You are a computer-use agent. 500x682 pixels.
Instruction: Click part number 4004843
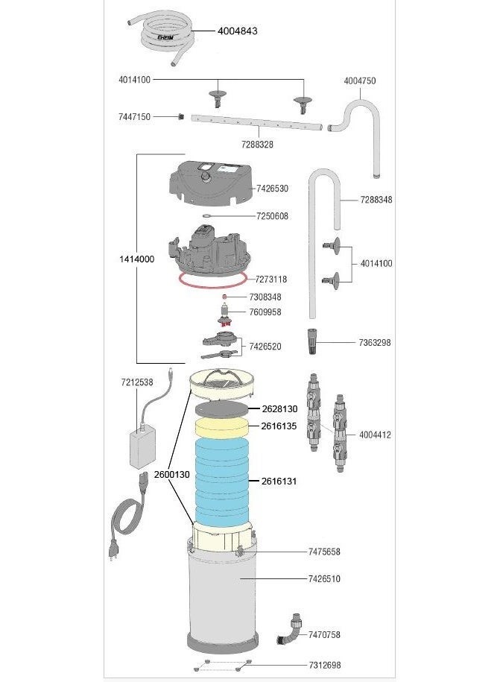238,31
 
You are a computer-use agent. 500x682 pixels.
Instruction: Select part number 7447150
134,117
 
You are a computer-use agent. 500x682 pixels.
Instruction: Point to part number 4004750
359,81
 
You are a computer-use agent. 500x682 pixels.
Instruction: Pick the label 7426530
272,189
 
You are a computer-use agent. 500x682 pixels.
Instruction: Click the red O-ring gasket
212,280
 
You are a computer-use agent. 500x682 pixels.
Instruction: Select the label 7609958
265,312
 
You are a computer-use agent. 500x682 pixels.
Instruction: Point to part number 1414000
136,259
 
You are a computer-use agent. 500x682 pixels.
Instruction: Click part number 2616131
279,481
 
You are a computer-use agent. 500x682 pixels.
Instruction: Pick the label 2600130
171,475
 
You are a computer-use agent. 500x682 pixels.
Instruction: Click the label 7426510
324,578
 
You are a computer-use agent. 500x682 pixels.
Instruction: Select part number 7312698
324,665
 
